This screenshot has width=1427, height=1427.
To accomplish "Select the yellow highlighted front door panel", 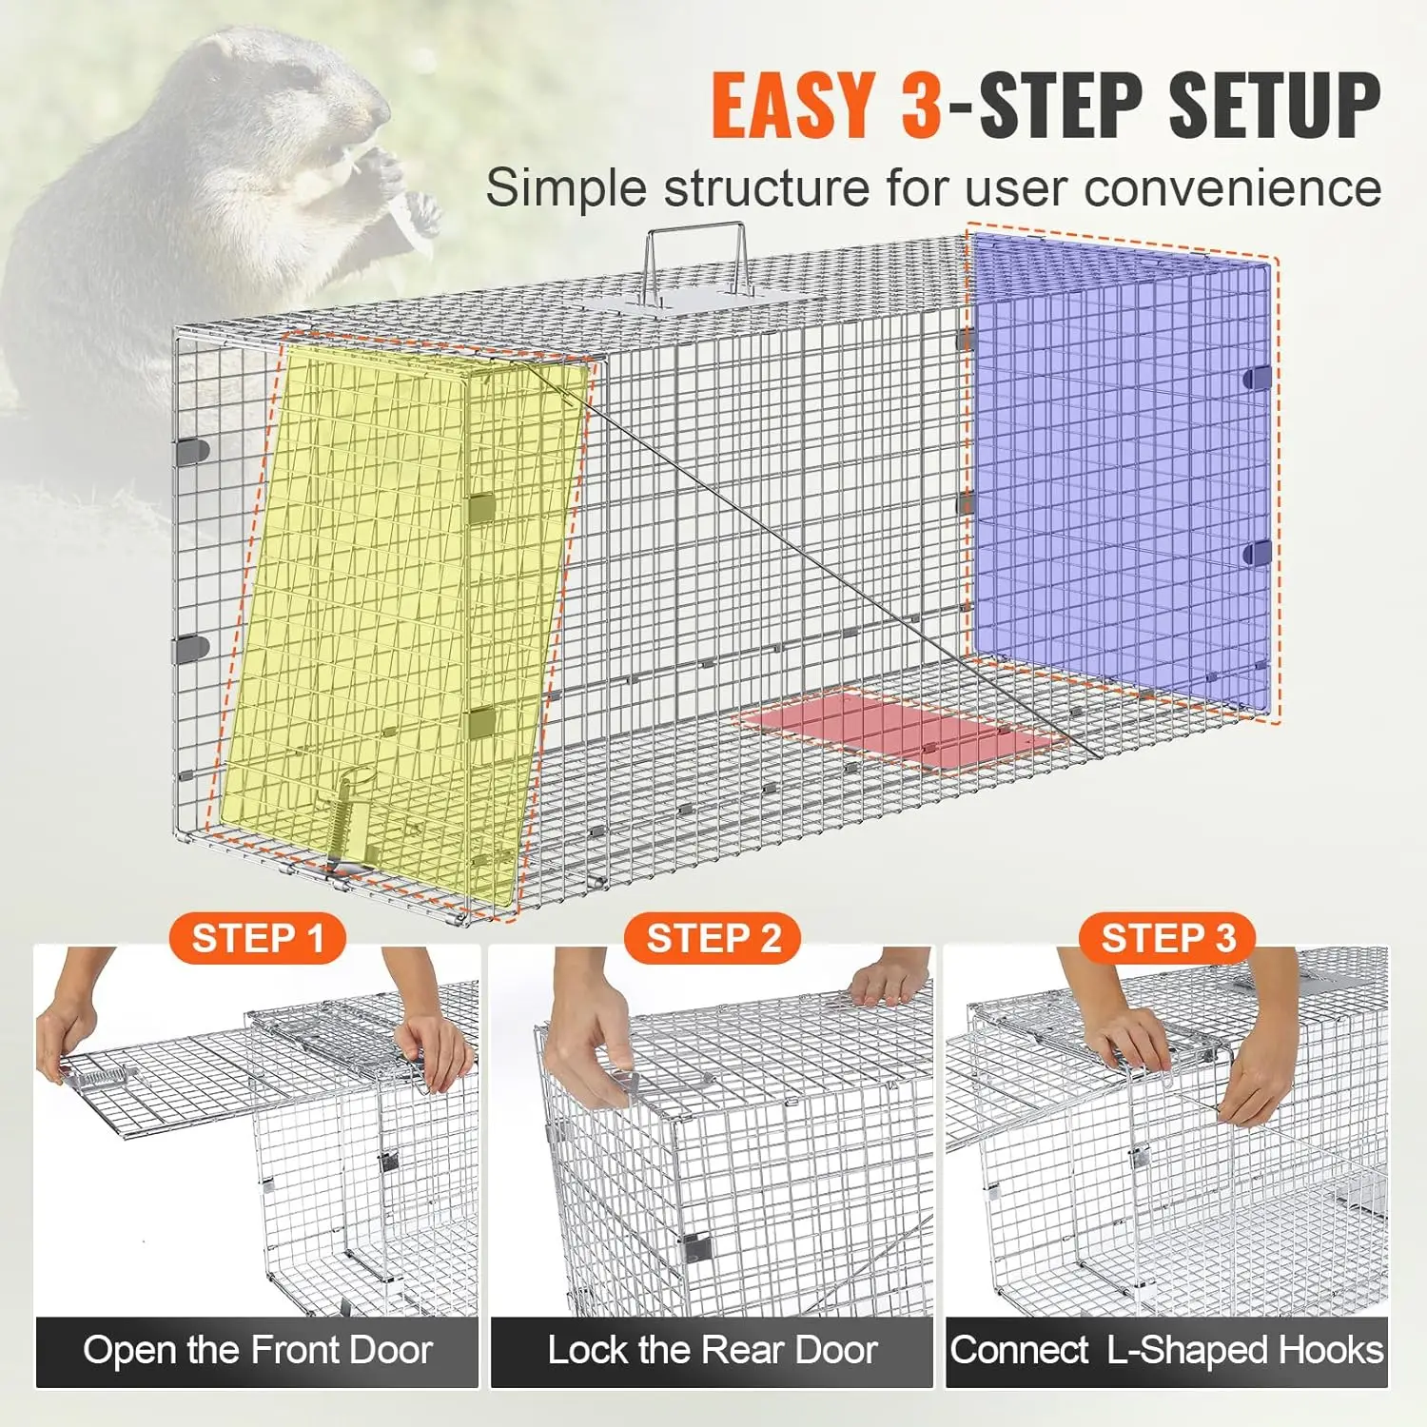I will (x=400, y=609).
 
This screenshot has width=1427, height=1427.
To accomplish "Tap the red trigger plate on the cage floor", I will (x=898, y=728).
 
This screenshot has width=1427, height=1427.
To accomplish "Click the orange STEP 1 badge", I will (x=257, y=939).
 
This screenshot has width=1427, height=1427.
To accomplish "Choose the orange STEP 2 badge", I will (x=713, y=939).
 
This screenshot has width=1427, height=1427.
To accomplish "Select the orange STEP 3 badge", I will (x=1167, y=939).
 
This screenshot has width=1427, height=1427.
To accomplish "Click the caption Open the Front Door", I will (x=257, y=1351).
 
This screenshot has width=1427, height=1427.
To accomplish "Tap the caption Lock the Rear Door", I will (x=712, y=1351).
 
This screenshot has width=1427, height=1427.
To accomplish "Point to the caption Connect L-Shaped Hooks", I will (x=1166, y=1351).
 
